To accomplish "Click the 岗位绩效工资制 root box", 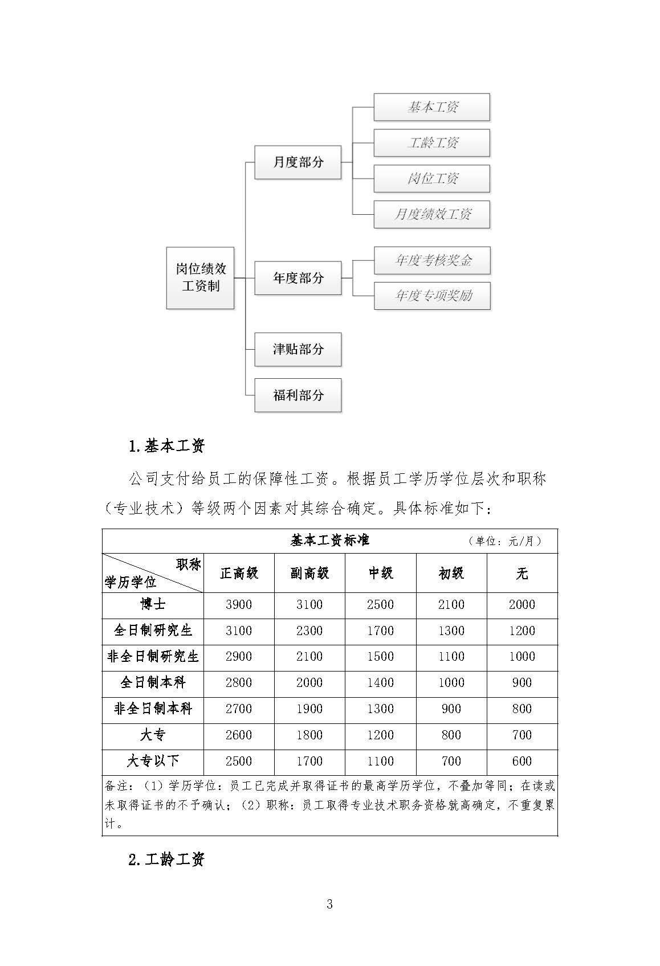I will tap(200, 277).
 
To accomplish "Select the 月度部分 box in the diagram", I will tap(298, 162).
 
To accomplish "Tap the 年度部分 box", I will tap(298, 278).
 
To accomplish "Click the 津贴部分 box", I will tap(298, 349).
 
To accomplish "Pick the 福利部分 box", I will tap(298, 395).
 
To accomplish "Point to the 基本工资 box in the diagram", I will tap(431, 107).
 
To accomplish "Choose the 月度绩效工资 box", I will tap(431, 214).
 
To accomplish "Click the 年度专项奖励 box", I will tap(432, 296).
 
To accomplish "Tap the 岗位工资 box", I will tap(431, 178).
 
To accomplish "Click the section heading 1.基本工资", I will tap(166, 446).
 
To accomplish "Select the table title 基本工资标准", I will tap(330, 540).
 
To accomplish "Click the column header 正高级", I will tap(239, 573).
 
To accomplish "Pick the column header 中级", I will tap(380, 573).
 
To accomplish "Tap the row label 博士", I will tap(153, 604).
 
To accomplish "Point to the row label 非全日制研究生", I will tap(153, 657).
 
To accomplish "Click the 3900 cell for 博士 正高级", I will tap(239, 604).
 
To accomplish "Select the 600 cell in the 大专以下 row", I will tap(522, 761).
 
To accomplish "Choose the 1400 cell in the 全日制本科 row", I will tap(380, 682).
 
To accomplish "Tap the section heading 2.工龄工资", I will tap(166, 859).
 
